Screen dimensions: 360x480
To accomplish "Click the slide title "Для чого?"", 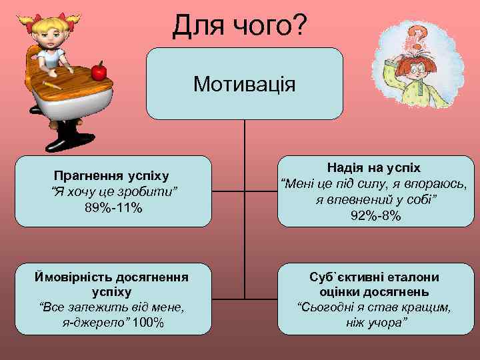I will (x=239, y=26).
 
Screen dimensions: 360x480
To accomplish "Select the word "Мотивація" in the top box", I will (x=244, y=84).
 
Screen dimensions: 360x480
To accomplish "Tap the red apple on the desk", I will (x=99, y=70).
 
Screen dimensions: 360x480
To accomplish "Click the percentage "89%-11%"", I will (x=113, y=208).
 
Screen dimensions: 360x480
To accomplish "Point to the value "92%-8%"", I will (x=376, y=215).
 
